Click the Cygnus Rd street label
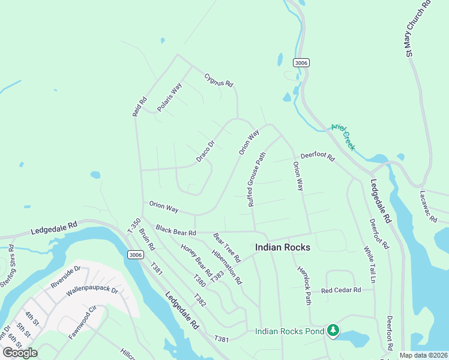218,80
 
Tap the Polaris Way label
169,97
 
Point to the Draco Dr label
205,152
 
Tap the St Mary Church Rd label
418,29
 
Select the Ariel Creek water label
344,137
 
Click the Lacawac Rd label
429,207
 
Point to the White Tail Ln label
369,265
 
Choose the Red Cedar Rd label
340,290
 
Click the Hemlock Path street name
304,284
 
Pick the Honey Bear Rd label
196,257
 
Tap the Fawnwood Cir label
82,323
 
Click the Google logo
20,352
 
